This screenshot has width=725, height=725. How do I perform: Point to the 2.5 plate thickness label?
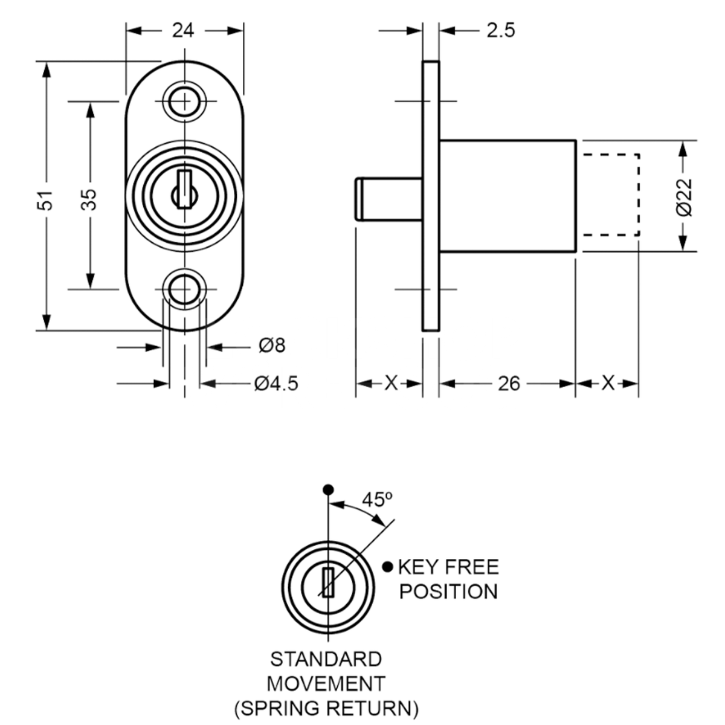[500, 30]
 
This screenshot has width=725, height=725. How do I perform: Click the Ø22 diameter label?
[684, 196]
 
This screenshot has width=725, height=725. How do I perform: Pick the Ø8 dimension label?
[271, 346]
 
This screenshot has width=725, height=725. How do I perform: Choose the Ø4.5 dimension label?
[275, 384]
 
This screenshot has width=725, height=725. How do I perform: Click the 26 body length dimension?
[509, 384]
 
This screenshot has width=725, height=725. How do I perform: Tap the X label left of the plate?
[391, 383]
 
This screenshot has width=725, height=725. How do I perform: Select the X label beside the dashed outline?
[608, 383]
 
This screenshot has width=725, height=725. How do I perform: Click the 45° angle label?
[377, 500]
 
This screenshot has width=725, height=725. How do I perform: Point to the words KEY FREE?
[448, 567]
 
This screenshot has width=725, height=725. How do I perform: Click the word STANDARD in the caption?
[326, 659]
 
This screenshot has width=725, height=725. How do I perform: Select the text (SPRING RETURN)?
[326, 708]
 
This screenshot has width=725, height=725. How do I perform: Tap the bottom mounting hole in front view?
[184, 289]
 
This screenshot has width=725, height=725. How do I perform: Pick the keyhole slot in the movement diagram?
[328, 583]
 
